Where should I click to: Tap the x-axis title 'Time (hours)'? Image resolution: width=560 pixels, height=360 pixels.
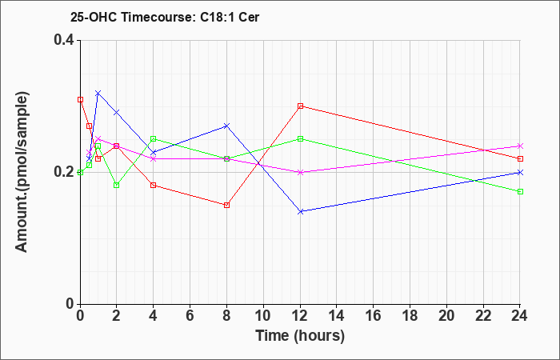(300, 335)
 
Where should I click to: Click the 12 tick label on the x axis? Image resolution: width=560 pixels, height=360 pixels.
(300, 316)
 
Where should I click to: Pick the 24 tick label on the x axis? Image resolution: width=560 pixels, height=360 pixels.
(520, 316)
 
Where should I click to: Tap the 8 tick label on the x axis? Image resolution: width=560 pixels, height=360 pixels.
(226, 316)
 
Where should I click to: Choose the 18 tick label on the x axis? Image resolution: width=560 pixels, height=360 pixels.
(410, 316)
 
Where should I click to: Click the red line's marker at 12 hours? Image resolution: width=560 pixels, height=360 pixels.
(300, 106)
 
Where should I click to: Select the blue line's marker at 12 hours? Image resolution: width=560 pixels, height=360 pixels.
(300, 211)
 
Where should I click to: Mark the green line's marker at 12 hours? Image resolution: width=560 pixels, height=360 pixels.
(300, 138)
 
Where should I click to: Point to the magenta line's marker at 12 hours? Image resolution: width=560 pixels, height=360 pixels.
(300, 172)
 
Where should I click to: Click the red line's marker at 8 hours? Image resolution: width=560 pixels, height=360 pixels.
(226, 205)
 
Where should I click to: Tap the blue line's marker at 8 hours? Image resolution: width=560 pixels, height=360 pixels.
(226, 126)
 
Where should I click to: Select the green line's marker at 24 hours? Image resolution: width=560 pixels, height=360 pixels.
(520, 191)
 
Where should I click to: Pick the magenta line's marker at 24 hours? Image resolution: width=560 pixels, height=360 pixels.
(520, 146)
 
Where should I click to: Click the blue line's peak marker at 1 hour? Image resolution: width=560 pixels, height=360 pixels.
(98, 93)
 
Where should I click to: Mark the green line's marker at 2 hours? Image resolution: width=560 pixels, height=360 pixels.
(117, 185)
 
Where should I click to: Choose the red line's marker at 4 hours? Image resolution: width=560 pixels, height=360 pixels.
(154, 185)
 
